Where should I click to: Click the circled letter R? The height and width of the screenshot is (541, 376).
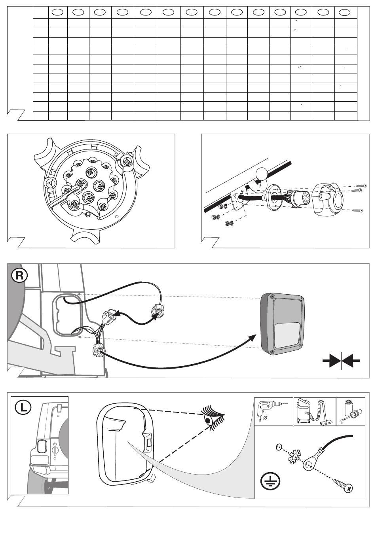click(19, 276)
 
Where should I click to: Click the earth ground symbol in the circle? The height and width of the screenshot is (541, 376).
click(270, 481)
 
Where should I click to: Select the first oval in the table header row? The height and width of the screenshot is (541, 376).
click(58, 12)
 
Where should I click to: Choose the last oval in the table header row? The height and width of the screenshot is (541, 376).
click(344, 12)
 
